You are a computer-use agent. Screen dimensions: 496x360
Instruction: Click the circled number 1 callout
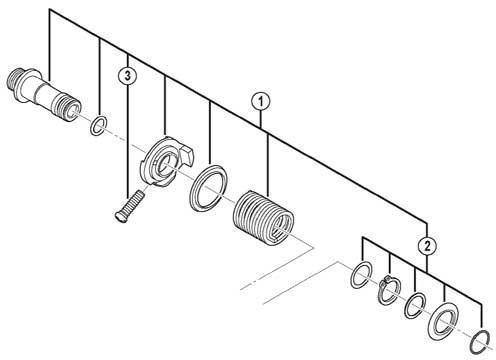pyautogui.click(x=261, y=102)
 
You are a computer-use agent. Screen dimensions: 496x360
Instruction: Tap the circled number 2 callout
pyautogui.click(x=427, y=246)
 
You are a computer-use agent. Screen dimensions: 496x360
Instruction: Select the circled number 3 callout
pyautogui.click(x=128, y=75)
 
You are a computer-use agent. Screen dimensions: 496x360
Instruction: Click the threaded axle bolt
pyautogui.click(x=44, y=94)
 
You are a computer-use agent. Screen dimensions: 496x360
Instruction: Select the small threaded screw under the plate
pyautogui.click(x=129, y=205)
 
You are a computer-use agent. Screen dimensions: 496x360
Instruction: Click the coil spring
pyautogui.click(x=263, y=217)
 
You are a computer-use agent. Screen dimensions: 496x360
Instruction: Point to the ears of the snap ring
pyautogui.click(x=387, y=280)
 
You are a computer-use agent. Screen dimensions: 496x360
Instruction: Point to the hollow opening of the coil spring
pyautogui.click(x=281, y=228)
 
